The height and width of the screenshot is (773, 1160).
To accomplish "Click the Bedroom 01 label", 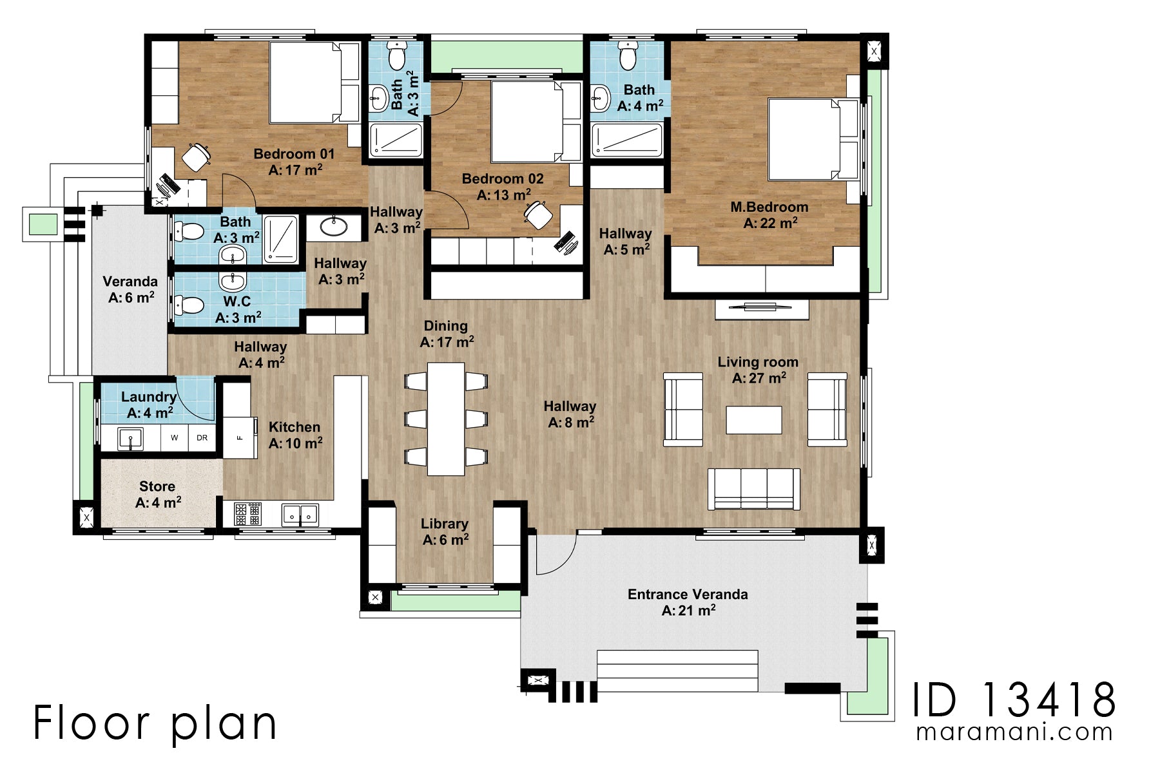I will [x=294, y=154].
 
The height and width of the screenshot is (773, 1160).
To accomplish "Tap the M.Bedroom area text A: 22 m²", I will [x=770, y=224].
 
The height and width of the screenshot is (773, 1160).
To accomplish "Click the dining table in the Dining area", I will [x=446, y=419].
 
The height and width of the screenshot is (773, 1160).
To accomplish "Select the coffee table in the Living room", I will [x=753, y=420].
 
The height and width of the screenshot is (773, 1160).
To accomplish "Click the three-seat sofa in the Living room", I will [x=753, y=488].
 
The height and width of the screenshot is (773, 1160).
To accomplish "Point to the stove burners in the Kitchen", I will [x=247, y=514].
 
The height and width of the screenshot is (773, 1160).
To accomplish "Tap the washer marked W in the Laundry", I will [x=174, y=438].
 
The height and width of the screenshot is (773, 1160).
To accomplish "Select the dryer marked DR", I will [x=202, y=438].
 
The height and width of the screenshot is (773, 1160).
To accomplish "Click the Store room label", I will [x=157, y=486].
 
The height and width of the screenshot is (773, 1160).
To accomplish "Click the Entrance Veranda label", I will [x=688, y=595].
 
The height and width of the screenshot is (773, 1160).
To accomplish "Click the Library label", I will [x=444, y=524].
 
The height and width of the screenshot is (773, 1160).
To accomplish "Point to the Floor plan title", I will [x=155, y=723].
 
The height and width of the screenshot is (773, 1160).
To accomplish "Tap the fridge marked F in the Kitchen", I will [x=240, y=438].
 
